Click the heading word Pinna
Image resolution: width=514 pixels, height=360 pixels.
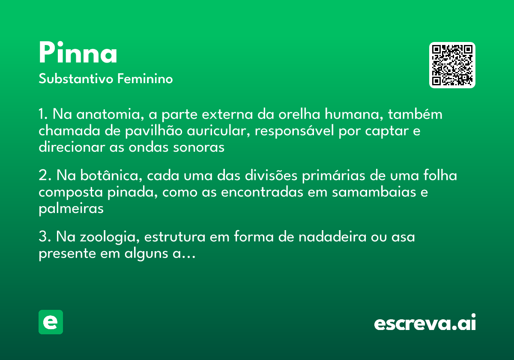click(78, 53)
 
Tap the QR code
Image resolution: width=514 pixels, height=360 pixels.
click(452, 65)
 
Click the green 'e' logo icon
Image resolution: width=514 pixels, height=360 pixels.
click(51, 322)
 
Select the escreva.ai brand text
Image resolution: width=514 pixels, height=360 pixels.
click(425, 323)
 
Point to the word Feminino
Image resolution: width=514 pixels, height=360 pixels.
click(145, 79)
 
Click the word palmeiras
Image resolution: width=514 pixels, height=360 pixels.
click(71, 209)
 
